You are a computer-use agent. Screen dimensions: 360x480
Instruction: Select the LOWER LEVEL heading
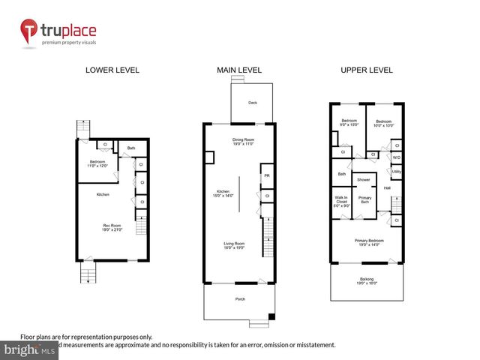pos(112,70)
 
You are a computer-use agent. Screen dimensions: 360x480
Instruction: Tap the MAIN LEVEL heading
pos(239,70)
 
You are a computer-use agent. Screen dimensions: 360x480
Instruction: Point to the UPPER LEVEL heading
pos(367,70)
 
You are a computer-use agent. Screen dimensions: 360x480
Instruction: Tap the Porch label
pos(239,300)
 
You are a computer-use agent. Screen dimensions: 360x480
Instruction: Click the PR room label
pos(266,177)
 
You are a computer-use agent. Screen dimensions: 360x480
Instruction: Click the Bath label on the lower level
pos(131,148)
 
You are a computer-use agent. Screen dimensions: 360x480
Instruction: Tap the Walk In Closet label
pos(341,201)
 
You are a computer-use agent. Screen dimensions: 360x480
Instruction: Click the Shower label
pos(364,180)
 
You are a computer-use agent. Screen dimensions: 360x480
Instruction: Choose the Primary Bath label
pos(364,199)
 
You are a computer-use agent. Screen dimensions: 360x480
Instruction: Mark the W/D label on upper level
pos(396,157)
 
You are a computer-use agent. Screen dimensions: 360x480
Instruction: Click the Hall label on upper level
pos(387,187)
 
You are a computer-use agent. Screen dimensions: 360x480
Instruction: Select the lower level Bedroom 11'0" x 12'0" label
pos(99,163)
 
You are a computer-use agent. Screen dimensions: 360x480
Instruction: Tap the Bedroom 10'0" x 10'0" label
pos(384,122)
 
